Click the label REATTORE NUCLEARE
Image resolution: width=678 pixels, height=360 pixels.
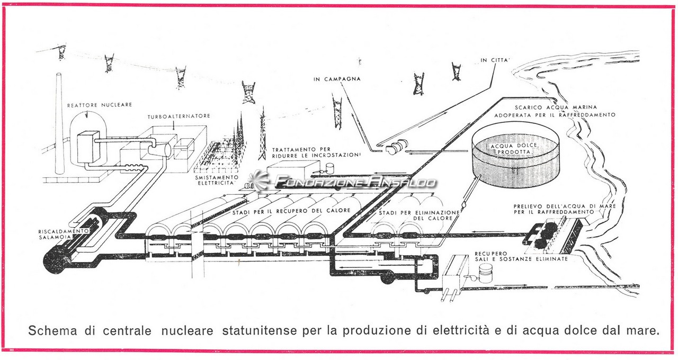[x=100, y=105]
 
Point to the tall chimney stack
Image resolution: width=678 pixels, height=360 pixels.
[x=59, y=123]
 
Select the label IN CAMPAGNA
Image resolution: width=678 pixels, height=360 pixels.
[x=337, y=79]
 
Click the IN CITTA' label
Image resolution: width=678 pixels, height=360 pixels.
[x=495, y=60]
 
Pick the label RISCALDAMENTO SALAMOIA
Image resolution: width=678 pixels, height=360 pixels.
[x=64, y=234]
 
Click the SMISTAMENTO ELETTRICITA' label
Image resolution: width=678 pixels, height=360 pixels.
[x=217, y=180]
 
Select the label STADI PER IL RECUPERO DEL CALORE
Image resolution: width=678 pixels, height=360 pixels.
[x=291, y=211]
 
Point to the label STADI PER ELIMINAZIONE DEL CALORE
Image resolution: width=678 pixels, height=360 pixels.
[x=419, y=215]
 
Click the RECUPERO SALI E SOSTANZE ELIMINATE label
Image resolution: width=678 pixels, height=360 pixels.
[x=521, y=256]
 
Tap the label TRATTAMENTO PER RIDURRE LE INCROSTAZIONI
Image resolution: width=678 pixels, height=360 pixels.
[x=317, y=152]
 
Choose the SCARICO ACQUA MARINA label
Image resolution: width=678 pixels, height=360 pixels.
[x=556, y=107]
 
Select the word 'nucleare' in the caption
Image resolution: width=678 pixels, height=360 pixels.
[x=188, y=330]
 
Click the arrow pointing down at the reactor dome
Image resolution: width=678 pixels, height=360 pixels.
[x=87, y=114]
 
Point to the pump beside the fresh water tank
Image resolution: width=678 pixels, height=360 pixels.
[x=395, y=147]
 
